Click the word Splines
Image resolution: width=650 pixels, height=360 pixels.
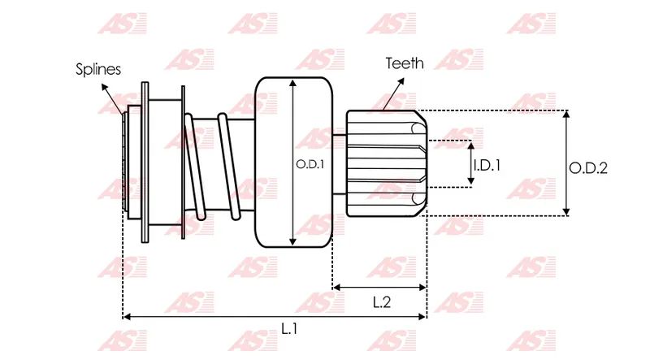98,69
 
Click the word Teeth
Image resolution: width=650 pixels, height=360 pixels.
405,63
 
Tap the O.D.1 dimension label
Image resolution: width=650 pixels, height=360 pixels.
310,165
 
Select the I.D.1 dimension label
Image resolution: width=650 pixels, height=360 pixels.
487,165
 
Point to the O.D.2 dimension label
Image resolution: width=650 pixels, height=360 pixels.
587,168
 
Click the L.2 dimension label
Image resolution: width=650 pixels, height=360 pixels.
381,302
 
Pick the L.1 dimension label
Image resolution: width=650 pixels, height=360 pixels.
289,329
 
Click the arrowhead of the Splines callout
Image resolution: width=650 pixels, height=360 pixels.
105,87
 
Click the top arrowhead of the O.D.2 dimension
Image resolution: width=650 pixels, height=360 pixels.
566,114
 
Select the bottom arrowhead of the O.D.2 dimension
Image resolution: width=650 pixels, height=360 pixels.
566,212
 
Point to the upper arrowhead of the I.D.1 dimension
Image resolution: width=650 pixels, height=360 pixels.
470,145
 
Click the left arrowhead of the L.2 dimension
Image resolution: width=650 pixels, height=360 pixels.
336,287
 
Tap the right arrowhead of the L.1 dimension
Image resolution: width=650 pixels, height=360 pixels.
422,317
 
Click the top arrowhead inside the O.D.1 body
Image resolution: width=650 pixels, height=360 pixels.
293,84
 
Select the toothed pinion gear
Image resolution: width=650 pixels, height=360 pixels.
387,163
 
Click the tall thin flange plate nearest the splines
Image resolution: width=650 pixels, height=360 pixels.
145,163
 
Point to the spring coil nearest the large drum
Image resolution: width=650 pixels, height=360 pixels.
229,166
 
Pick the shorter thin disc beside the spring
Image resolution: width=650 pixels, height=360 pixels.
183,163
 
